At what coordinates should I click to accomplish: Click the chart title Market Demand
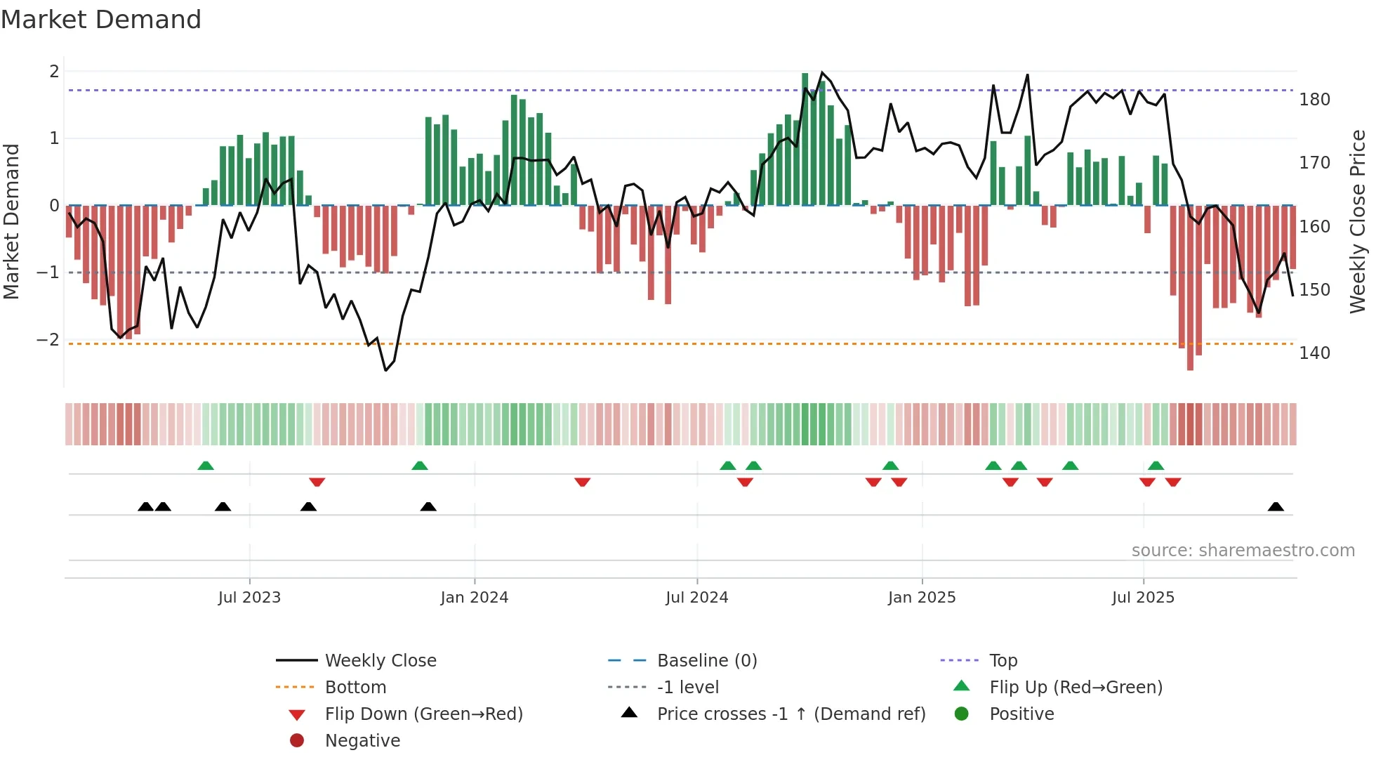101,20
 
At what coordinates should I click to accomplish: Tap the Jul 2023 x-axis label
249,598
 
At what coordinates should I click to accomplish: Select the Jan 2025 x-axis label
921,598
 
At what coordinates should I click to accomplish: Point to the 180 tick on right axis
1314,100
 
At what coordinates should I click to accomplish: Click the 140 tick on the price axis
1314,353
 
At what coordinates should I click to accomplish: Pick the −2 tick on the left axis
48,340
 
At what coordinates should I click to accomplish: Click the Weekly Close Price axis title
1358,221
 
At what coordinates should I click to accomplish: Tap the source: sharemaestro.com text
1243,551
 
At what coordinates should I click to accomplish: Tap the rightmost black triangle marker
1276,507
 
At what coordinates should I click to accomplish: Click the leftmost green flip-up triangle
206,466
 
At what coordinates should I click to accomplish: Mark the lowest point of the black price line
385,370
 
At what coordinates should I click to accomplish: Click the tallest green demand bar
805,139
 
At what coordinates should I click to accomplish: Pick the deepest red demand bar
1190,288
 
